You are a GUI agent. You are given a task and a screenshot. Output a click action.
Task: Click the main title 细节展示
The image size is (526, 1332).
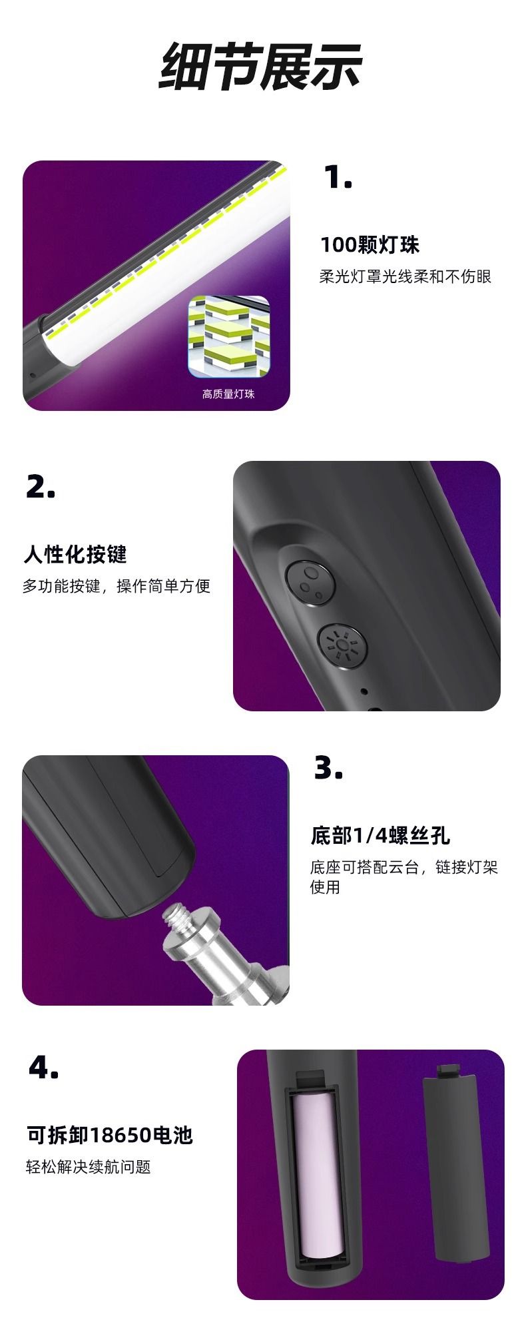(x=261, y=67)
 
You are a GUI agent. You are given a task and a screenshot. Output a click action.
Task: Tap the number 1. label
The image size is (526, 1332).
(x=338, y=177)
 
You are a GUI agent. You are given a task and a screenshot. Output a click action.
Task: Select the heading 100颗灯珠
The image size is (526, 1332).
(x=370, y=245)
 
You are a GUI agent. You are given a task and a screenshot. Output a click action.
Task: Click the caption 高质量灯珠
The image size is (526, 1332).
(x=228, y=394)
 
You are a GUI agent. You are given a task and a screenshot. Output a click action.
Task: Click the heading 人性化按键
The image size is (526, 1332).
(x=75, y=554)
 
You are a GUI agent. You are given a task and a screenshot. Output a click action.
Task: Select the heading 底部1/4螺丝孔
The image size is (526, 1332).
(x=380, y=835)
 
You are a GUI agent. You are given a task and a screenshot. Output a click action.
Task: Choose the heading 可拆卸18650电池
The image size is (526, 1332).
(x=110, y=1134)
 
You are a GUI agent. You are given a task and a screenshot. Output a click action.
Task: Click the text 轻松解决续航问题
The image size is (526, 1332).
(x=89, y=1167)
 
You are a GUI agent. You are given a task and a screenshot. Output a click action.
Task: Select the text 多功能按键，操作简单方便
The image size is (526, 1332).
(x=117, y=586)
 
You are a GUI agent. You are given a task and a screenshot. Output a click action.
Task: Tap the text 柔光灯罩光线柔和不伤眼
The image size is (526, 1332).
(x=405, y=276)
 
